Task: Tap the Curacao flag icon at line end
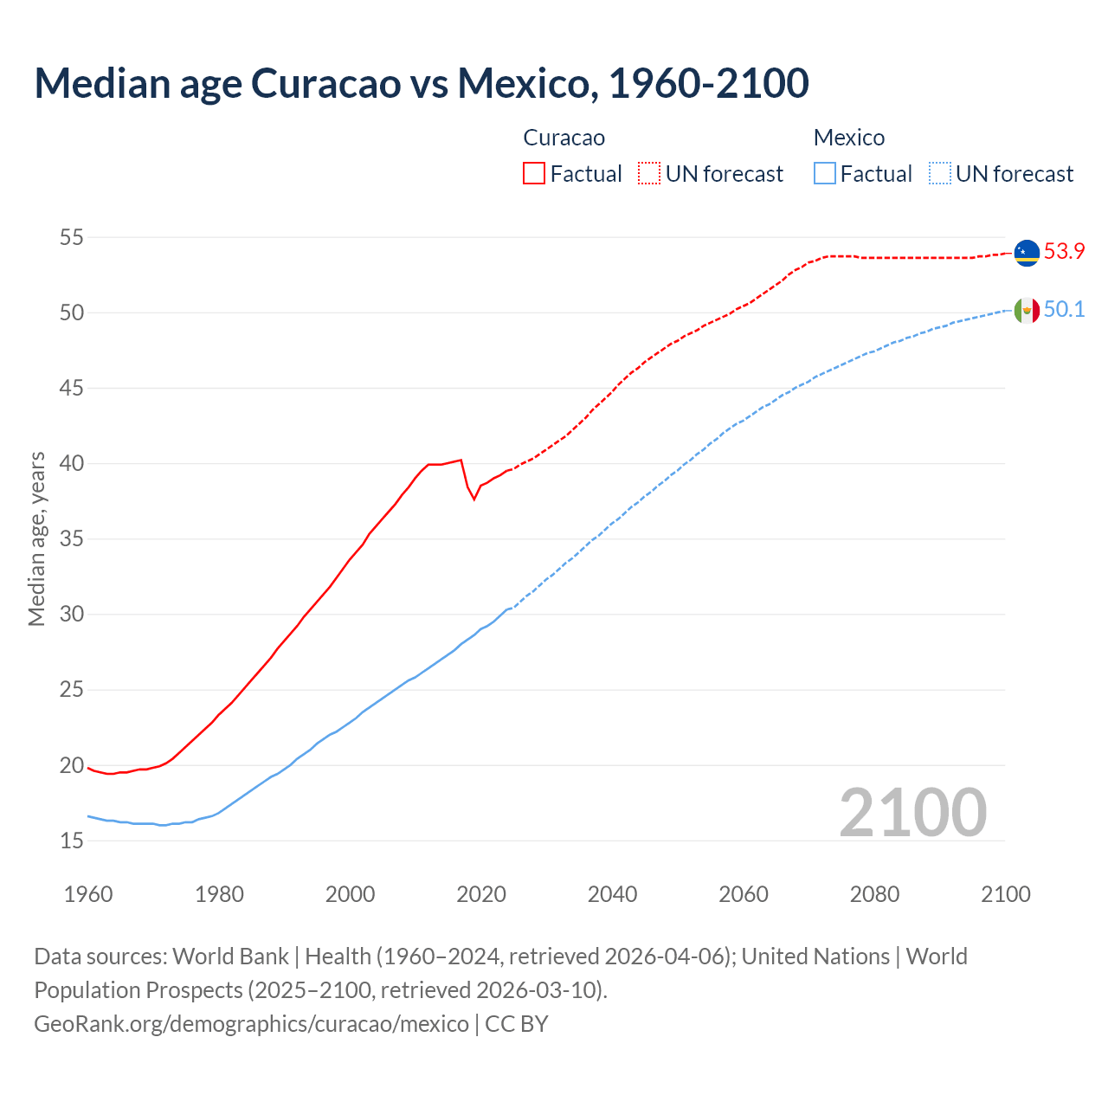tap(1027, 252)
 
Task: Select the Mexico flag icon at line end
tap(1027, 310)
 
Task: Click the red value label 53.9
tap(1064, 252)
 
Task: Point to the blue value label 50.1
tap(1064, 310)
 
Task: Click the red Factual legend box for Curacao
tap(534, 174)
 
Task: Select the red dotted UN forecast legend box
tap(649, 174)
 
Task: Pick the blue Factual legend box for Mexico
tap(825, 174)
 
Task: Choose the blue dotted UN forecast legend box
tap(940, 174)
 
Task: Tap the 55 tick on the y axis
tap(72, 237)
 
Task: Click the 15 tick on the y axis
tap(72, 841)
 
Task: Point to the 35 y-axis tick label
tap(72, 539)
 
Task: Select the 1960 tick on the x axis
tap(88, 894)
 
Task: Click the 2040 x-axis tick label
tap(612, 894)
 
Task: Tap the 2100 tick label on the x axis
tap(1005, 894)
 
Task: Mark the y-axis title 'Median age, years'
tap(36, 538)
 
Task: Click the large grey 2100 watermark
tap(912, 812)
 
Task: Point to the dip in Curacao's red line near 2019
tap(473, 499)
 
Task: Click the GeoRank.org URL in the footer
tap(251, 1024)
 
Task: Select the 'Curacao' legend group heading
tap(564, 138)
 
